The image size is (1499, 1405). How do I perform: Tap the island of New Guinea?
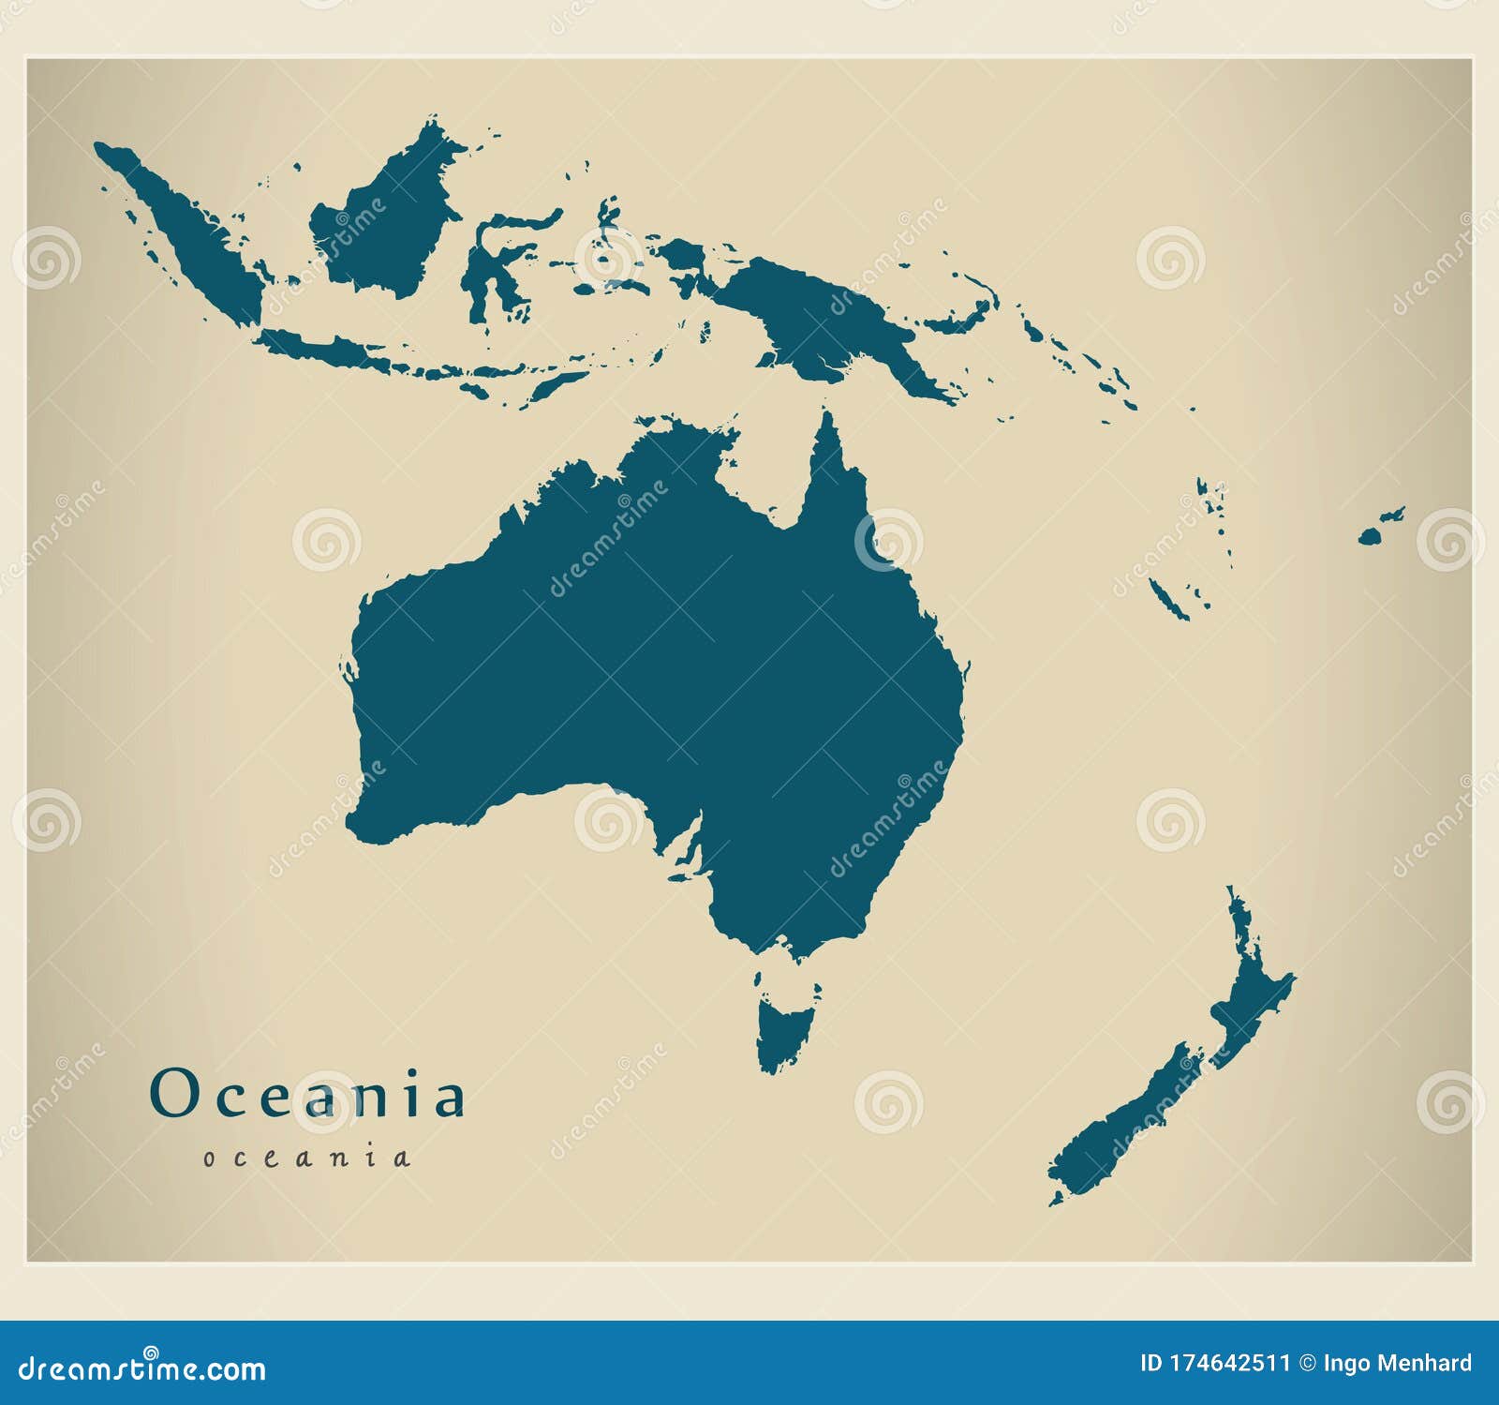point(824,319)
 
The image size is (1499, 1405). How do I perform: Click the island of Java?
point(328,351)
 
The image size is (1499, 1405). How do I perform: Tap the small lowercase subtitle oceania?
point(307,1158)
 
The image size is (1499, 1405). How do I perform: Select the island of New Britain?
point(965,314)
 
